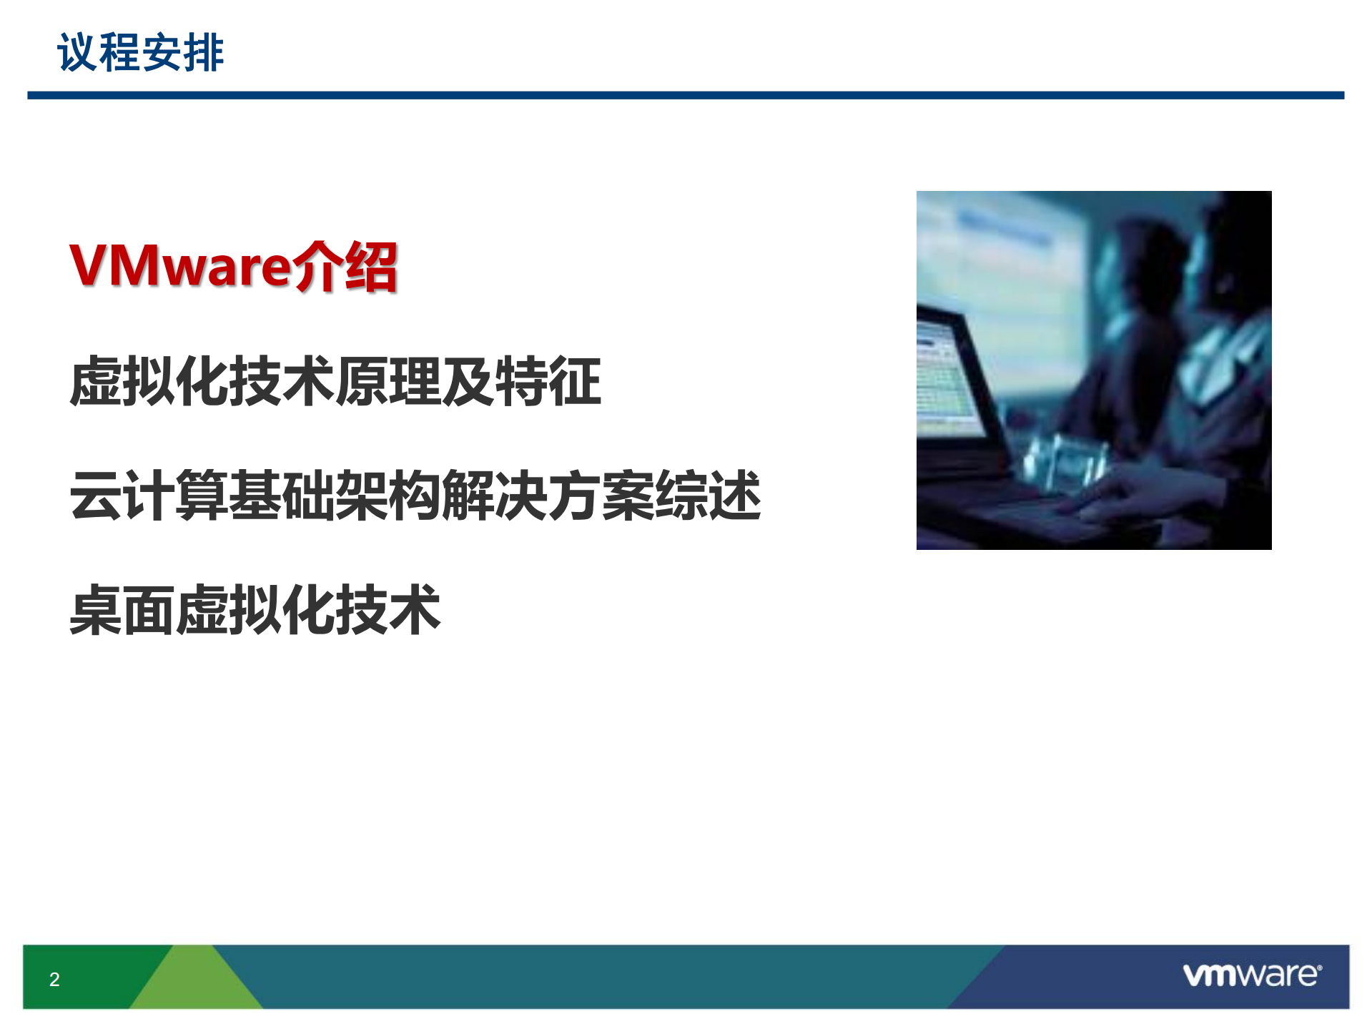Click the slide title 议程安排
pyautogui.click(x=140, y=52)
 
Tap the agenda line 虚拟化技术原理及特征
pyautogui.click(x=335, y=381)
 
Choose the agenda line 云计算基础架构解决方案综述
pyautogui.click(x=415, y=496)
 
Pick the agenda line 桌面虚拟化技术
pyautogui.click(x=255, y=610)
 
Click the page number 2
pyautogui.click(x=54, y=979)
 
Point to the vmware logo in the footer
pyautogui.click(x=1252, y=975)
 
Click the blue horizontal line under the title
pyautogui.click(x=685, y=95)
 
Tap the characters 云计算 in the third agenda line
pyautogui.click(x=149, y=496)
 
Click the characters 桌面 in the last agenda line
pyautogui.click(x=122, y=610)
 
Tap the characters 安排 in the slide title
pyautogui.click(x=183, y=52)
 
